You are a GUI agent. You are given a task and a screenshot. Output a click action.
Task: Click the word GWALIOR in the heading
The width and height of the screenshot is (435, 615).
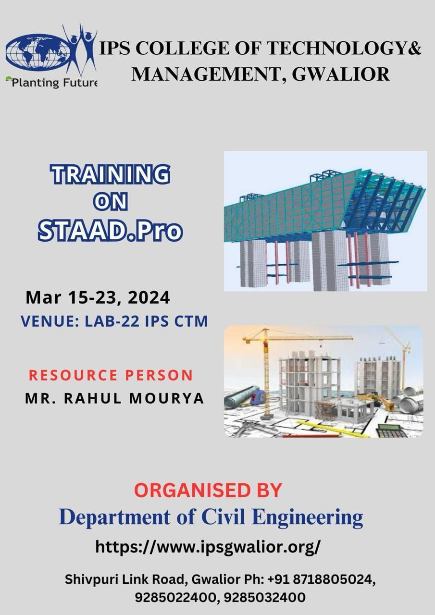(x=340, y=74)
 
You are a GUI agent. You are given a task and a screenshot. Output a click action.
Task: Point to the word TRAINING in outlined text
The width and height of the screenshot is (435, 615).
(x=110, y=174)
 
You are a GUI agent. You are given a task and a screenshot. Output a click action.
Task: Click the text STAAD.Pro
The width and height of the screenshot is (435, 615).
(x=110, y=230)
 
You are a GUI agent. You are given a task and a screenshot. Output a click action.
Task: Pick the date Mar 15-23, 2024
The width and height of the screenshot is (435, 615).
(x=98, y=298)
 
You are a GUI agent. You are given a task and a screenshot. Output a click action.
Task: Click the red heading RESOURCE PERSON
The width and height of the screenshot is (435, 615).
(x=111, y=375)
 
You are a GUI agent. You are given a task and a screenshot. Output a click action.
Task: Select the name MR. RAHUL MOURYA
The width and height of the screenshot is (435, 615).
(x=114, y=398)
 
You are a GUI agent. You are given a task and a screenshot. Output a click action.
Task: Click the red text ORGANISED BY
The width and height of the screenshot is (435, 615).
(x=208, y=490)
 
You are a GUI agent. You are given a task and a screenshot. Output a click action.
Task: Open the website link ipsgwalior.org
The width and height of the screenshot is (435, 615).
(x=208, y=547)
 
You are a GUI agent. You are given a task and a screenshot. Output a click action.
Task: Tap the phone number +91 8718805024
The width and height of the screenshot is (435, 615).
(x=321, y=579)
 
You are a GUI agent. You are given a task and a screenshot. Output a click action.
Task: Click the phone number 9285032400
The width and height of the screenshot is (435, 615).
(x=264, y=597)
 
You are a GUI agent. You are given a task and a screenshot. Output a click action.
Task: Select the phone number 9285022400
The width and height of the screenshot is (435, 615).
(x=176, y=597)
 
